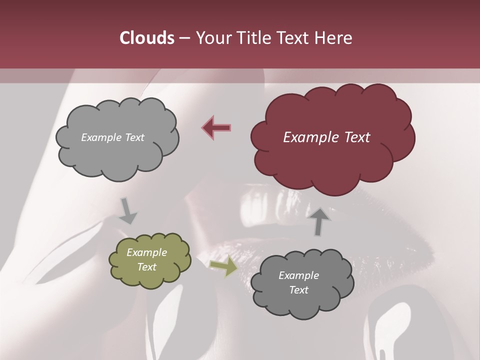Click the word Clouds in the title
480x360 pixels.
click(x=147, y=38)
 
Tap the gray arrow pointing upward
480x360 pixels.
click(x=320, y=220)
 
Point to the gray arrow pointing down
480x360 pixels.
click(x=128, y=211)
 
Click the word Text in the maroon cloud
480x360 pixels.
click(x=356, y=137)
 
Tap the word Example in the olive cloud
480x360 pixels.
click(x=146, y=252)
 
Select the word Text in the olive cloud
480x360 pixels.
click(x=146, y=267)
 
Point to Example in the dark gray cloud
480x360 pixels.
click(x=298, y=275)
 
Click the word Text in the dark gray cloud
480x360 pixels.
click(x=298, y=290)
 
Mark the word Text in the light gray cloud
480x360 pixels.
click(x=134, y=137)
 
